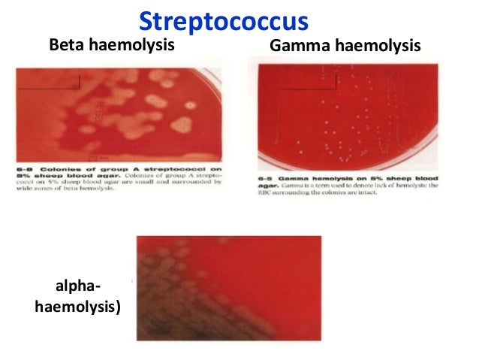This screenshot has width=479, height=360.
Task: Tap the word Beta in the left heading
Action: coord(66,45)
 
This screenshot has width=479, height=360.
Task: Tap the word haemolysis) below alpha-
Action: coord(76,306)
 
